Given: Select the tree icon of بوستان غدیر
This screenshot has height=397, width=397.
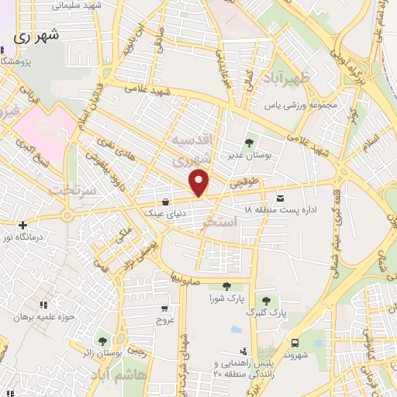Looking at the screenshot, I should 249,142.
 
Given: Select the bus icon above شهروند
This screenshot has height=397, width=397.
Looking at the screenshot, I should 294,343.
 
